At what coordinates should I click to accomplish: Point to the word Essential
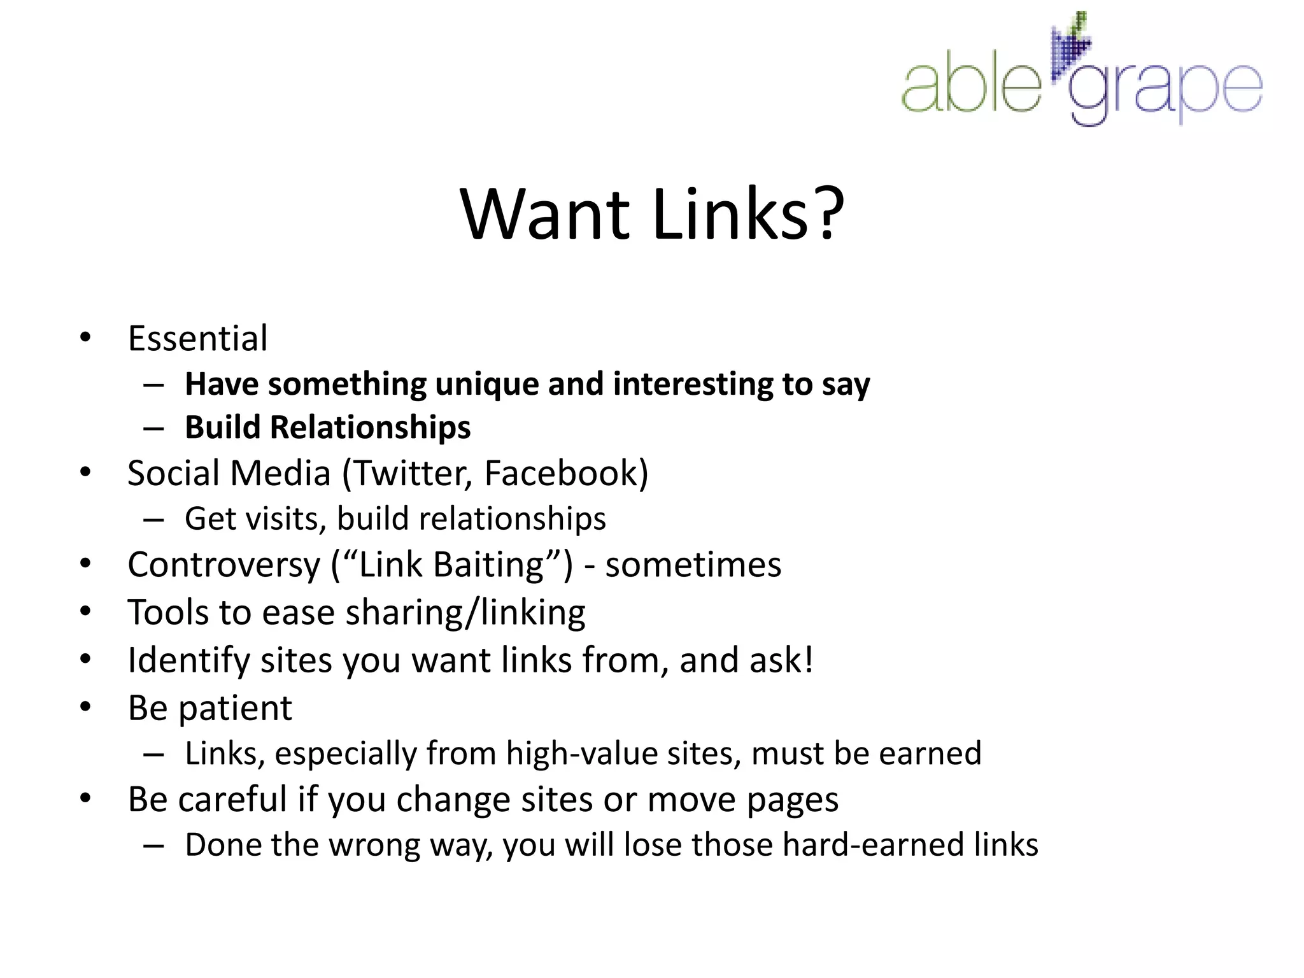tap(197, 338)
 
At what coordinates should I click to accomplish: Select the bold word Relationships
tap(370, 427)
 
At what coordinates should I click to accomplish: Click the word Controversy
tap(223, 565)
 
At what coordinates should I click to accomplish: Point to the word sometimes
tap(693, 565)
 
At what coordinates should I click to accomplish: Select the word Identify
tap(188, 660)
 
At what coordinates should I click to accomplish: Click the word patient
tap(235, 709)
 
